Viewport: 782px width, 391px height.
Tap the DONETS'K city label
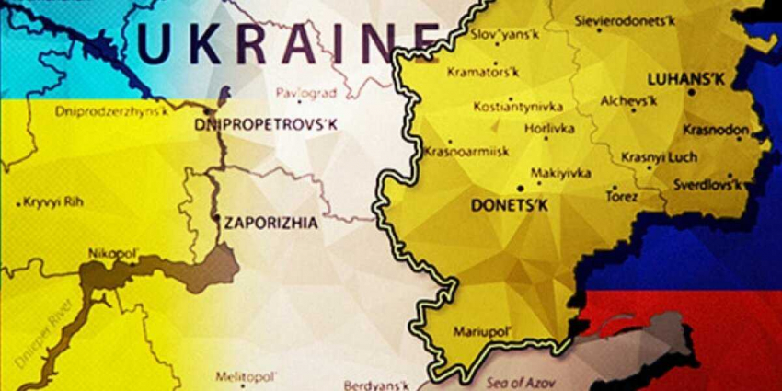(x=509, y=205)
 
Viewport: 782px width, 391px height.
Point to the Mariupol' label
(x=479, y=331)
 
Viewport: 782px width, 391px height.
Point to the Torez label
(x=625, y=196)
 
